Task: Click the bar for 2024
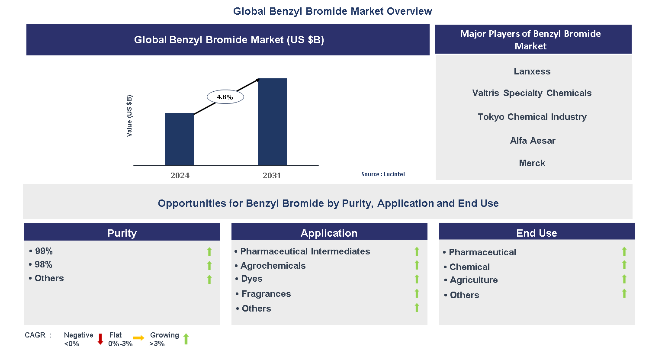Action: (180, 139)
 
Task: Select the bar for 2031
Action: (272, 122)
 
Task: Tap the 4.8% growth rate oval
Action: (225, 97)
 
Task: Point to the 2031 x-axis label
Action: (272, 175)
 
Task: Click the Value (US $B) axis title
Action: (129, 116)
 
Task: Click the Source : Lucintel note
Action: (383, 174)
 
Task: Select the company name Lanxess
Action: (532, 71)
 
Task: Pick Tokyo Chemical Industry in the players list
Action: (532, 117)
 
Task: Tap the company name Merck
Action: (532, 163)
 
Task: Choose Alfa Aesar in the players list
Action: (533, 141)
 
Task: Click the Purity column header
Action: (122, 233)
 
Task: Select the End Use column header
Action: (536, 233)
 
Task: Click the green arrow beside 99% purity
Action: (209, 251)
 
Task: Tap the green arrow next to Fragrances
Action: (417, 293)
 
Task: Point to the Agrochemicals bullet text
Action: (273, 266)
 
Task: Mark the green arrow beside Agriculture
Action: (624, 279)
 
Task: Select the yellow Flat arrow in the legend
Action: (138, 338)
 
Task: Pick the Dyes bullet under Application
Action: (252, 279)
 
